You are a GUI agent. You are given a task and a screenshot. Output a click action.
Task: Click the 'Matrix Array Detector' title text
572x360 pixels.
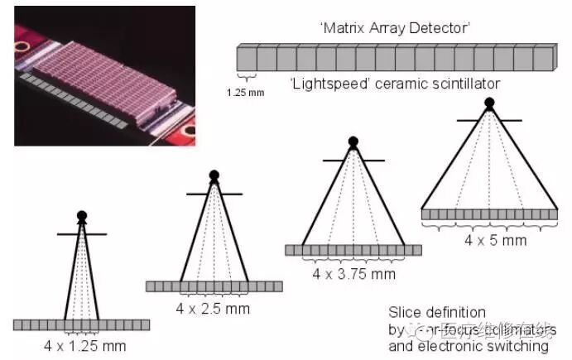coord(395,28)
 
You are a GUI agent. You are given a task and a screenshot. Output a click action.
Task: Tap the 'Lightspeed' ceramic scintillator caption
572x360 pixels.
coord(395,84)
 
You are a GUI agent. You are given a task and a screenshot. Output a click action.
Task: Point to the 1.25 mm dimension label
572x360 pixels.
coord(245,92)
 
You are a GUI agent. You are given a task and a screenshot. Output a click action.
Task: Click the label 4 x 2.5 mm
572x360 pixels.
coord(213,308)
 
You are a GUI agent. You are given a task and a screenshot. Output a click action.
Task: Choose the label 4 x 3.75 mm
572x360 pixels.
coord(353,273)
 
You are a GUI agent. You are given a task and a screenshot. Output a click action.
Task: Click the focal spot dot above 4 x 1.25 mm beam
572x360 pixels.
coord(81,216)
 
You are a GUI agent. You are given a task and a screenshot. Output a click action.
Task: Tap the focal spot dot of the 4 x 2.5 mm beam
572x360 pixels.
coord(214,175)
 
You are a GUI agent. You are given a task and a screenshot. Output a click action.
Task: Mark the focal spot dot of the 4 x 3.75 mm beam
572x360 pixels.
coord(353,142)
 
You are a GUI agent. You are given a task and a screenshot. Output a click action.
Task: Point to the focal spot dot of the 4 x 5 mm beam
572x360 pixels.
coord(489,103)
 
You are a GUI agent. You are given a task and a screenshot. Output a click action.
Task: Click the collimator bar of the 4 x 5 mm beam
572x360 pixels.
coord(489,121)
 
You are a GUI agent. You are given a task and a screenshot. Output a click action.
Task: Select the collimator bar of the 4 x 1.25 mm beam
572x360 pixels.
coord(81,234)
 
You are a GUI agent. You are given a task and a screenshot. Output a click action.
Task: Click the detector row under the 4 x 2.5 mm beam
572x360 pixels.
coord(214,286)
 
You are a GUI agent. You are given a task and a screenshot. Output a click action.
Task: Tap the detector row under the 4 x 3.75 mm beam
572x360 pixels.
coord(353,250)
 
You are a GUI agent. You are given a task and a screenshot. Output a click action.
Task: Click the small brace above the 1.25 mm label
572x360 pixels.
coord(246,79)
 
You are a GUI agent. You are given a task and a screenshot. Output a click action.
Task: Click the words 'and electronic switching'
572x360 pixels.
coord(468,345)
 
